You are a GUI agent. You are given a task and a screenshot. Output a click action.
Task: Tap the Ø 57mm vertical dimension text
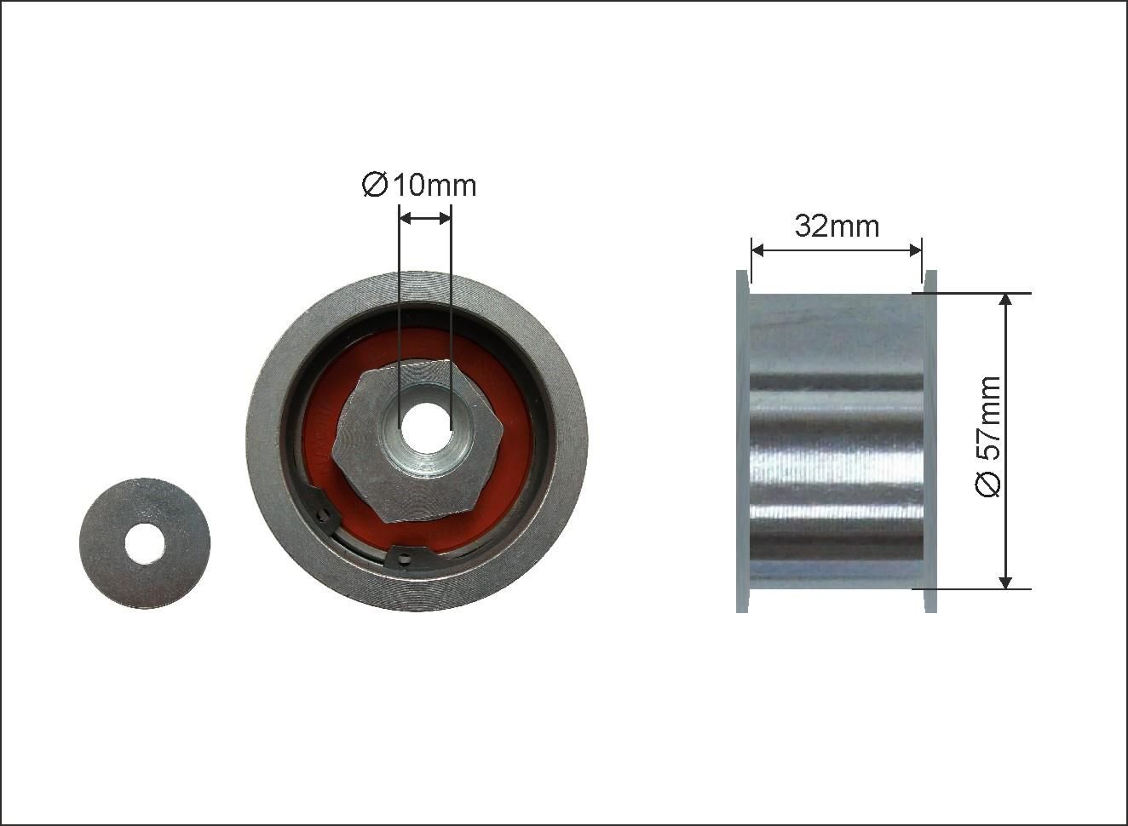[x=987, y=436]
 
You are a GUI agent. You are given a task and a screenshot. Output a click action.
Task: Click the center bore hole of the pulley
[x=424, y=426]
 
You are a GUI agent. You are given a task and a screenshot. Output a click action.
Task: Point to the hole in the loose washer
[x=145, y=543]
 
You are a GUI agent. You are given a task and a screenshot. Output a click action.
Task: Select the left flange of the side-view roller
[x=742, y=441]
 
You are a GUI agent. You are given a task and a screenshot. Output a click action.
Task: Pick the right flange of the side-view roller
[x=930, y=441]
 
